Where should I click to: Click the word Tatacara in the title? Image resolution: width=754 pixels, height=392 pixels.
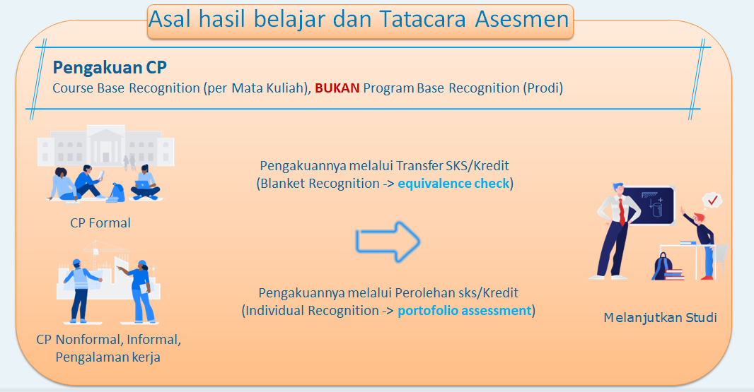pos(423,20)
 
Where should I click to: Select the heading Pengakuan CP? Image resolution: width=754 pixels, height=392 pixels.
pos(110,68)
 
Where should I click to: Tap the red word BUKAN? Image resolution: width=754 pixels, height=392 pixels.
pos(337,88)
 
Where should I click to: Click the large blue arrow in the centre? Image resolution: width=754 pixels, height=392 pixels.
pos(388,242)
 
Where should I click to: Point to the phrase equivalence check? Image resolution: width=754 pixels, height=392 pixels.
pos(453,184)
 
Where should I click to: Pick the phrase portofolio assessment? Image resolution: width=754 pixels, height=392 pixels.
pos(464,311)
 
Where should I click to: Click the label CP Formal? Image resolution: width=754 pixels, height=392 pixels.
pos(100,223)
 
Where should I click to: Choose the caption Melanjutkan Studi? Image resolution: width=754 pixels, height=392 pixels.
pos(660,318)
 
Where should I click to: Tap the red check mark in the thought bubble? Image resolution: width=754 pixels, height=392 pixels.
pos(713,199)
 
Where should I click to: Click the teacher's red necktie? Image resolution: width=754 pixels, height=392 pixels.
pos(622,210)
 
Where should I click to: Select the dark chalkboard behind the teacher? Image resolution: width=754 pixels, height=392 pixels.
pos(649,206)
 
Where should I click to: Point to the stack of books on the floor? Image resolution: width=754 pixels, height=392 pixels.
pos(674,274)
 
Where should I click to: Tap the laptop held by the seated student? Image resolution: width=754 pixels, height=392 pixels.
pos(143,184)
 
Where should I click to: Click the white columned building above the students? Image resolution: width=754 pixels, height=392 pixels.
pos(106,145)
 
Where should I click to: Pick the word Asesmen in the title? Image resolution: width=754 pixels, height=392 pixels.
pos(522,20)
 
